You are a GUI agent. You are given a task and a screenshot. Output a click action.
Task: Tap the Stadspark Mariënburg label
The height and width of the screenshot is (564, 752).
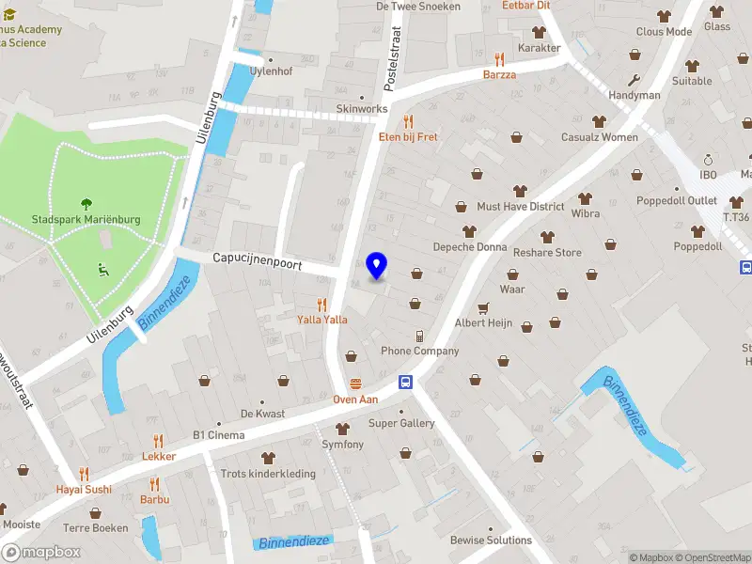click(x=86, y=220)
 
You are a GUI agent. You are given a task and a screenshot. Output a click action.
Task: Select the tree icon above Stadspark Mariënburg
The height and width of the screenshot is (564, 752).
click(x=86, y=202)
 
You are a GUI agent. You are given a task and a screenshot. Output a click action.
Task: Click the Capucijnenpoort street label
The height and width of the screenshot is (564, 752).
click(x=257, y=264)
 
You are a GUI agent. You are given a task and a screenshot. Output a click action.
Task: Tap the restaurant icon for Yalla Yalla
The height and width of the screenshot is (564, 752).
click(x=322, y=304)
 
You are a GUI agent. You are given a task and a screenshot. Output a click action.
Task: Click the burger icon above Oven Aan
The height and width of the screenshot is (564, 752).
click(x=356, y=384)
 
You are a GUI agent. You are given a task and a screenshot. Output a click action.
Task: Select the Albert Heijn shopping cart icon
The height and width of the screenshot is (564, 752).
click(x=483, y=307)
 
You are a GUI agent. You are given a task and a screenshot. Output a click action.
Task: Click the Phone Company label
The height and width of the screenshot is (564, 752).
click(x=420, y=352)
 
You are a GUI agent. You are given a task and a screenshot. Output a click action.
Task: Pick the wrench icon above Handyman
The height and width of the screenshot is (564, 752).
click(x=634, y=80)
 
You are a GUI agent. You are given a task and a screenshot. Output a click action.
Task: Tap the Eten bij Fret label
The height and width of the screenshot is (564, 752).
click(x=408, y=137)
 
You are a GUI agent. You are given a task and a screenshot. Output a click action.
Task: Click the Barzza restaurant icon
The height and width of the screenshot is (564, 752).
click(x=499, y=59)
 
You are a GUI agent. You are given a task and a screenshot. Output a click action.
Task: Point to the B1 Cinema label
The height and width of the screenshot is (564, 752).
click(x=218, y=435)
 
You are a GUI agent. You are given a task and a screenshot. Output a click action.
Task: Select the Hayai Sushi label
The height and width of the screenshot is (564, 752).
click(x=84, y=489)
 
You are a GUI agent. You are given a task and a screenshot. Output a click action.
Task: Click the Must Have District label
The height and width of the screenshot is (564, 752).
click(x=521, y=207)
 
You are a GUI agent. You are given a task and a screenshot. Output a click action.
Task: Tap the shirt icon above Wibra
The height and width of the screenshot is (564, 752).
click(x=586, y=198)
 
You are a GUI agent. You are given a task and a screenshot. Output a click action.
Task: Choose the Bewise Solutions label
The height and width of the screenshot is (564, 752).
click(x=491, y=540)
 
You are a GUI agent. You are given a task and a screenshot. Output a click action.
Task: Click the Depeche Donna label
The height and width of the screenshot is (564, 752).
click(x=469, y=247)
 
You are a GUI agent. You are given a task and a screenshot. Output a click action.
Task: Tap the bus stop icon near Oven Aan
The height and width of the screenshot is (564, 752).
click(x=406, y=382)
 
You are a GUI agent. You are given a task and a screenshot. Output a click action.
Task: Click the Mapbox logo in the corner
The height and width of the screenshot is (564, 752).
click(x=41, y=553)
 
